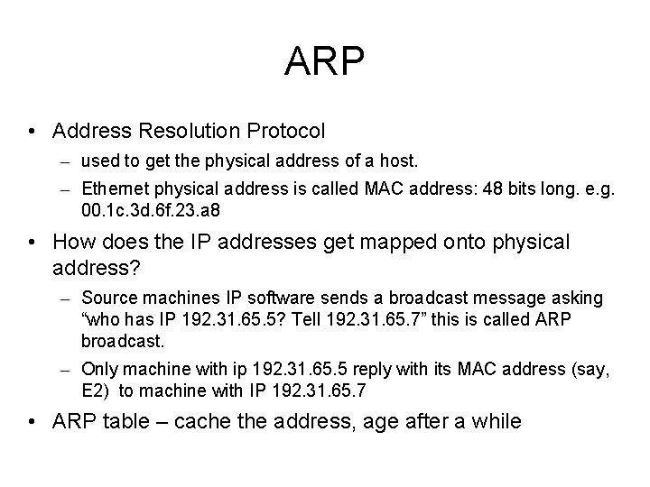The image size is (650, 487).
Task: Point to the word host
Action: click(x=401, y=162)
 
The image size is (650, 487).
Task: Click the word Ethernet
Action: click(x=114, y=189)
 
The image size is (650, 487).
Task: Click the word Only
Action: click(x=97, y=368)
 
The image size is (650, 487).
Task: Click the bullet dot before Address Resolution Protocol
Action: click(x=32, y=133)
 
